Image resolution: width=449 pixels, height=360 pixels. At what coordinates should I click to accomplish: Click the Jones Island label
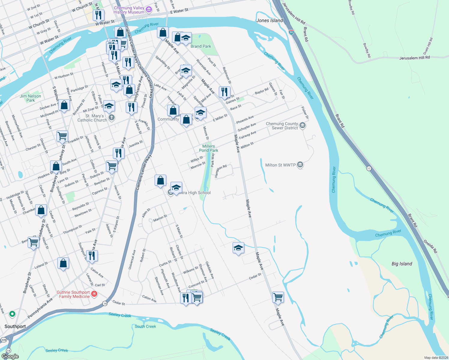(x=270, y=20)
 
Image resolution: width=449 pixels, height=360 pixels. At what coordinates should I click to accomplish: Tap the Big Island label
(x=402, y=264)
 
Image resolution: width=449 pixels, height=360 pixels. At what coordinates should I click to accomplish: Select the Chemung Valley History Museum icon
(x=149, y=10)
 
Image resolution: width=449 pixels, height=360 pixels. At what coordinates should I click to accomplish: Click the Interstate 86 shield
(x=291, y=32)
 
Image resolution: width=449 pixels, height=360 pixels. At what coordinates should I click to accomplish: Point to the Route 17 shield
(x=369, y=169)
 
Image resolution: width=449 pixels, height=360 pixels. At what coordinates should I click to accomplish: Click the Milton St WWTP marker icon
(x=300, y=165)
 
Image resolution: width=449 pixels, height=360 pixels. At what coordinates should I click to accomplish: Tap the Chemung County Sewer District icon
(x=303, y=125)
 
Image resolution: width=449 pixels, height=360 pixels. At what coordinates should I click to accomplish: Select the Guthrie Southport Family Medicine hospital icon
(x=94, y=294)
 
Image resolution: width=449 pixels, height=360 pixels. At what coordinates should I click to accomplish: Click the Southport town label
(x=15, y=326)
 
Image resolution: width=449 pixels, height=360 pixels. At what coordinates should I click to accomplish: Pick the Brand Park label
(x=201, y=46)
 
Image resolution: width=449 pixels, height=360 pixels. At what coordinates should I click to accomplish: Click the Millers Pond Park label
(x=209, y=148)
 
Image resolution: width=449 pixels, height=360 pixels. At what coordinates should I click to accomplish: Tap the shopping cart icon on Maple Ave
(x=278, y=297)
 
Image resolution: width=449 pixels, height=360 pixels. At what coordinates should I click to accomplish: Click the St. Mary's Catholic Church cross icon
(x=112, y=117)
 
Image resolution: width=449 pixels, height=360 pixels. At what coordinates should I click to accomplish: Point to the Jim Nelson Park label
(x=30, y=98)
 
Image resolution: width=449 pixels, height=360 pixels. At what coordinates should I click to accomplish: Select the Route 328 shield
(x=4, y=340)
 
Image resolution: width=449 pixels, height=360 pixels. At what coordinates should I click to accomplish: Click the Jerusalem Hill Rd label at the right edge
(x=414, y=58)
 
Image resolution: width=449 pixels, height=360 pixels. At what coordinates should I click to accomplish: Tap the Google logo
(x=10, y=356)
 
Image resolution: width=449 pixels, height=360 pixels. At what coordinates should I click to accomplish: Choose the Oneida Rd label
(x=430, y=246)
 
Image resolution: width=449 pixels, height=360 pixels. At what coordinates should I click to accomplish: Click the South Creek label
(x=145, y=326)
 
